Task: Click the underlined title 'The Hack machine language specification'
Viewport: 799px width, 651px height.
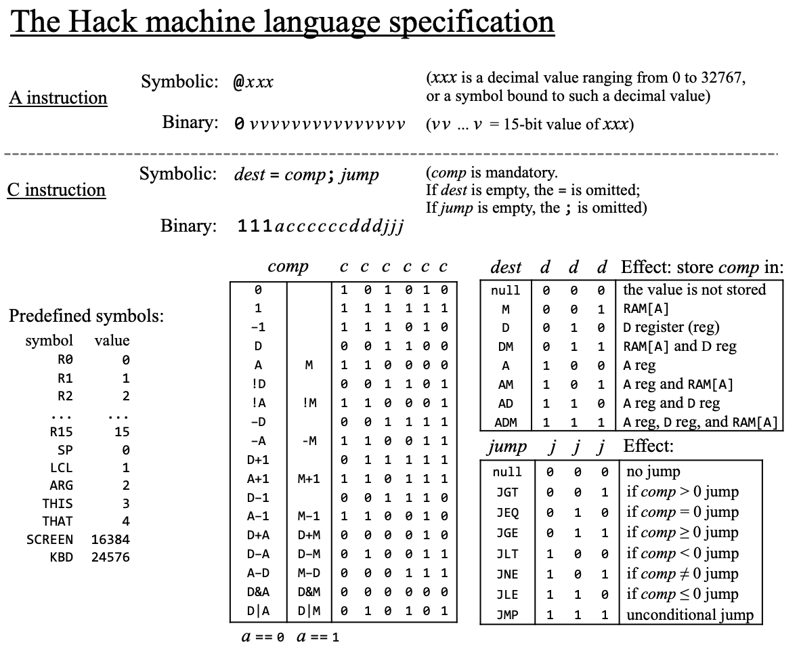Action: [x=282, y=22]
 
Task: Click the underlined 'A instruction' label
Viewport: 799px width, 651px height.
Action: [x=58, y=98]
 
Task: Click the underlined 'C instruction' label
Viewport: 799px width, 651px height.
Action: [x=57, y=190]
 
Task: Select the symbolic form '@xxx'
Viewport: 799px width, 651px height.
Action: [x=253, y=83]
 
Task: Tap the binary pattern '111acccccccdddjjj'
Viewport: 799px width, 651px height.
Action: [x=320, y=226]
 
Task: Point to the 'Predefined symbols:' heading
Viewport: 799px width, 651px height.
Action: [x=86, y=316]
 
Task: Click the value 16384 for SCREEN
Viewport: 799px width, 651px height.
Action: [x=110, y=540]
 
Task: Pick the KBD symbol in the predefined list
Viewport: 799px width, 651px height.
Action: [x=62, y=558]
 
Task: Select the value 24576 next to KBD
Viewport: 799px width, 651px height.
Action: [x=110, y=558]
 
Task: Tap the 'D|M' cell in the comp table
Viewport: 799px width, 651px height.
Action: [x=309, y=610]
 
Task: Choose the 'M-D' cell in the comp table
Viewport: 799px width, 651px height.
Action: [x=309, y=573]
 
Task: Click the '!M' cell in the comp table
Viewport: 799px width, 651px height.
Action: [x=309, y=403]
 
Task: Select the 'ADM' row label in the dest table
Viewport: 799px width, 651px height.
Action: [x=505, y=423]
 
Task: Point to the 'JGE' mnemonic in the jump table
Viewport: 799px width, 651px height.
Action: [x=507, y=533]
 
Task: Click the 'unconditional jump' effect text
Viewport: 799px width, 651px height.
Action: [x=689, y=616]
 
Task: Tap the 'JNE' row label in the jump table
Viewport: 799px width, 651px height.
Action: [x=507, y=574]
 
